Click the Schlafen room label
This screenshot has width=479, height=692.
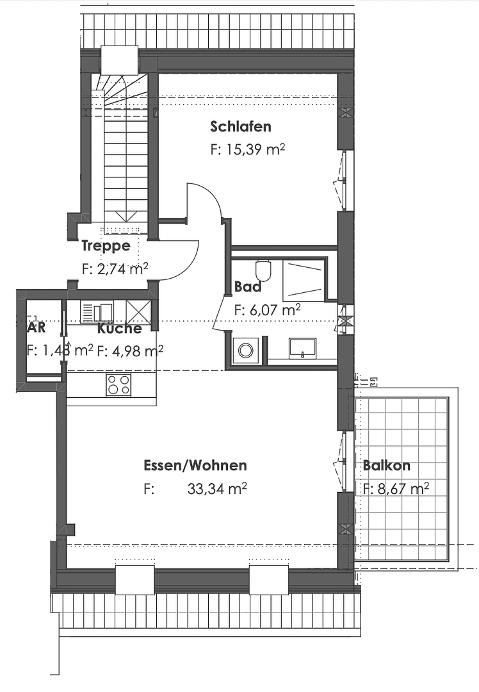point(240,126)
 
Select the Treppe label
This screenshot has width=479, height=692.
point(106,245)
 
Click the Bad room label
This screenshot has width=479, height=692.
point(247,286)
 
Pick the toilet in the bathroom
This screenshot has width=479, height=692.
point(263,270)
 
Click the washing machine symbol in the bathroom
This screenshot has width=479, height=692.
point(246,350)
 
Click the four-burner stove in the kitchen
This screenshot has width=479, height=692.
point(118,384)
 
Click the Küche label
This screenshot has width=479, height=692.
point(120,329)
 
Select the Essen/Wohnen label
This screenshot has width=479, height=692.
point(195,466)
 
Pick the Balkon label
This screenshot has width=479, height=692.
point(386,466)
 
